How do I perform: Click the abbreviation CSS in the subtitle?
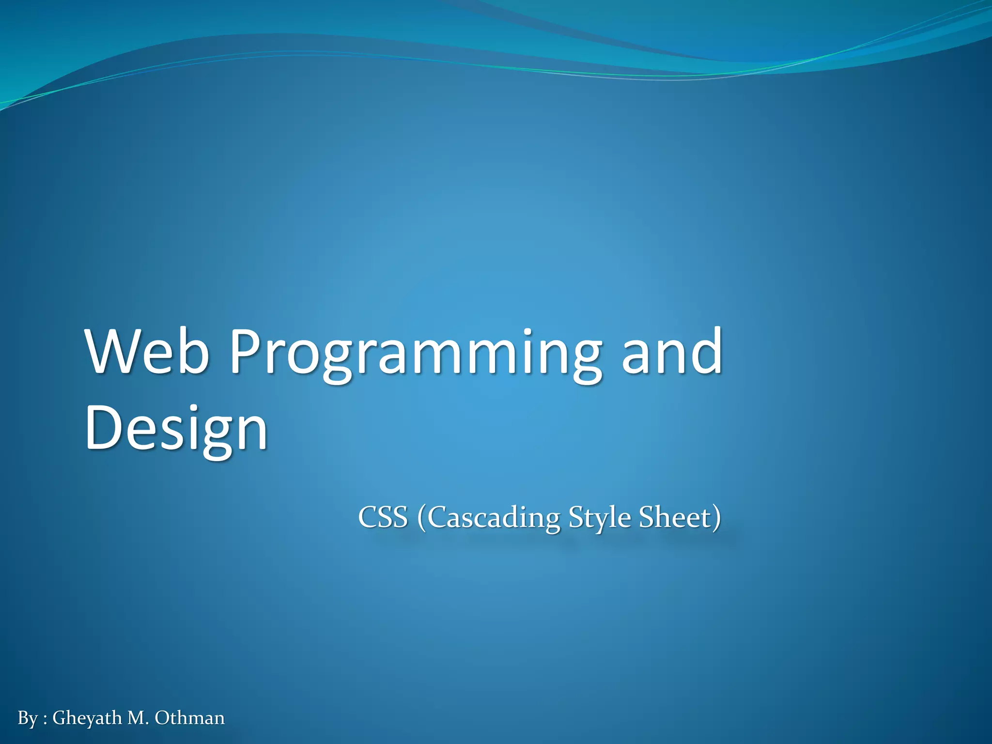point(383,517)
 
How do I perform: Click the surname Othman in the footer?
point(189,718)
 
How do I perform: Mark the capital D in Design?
point(103,427)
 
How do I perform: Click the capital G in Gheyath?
point(59,718)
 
